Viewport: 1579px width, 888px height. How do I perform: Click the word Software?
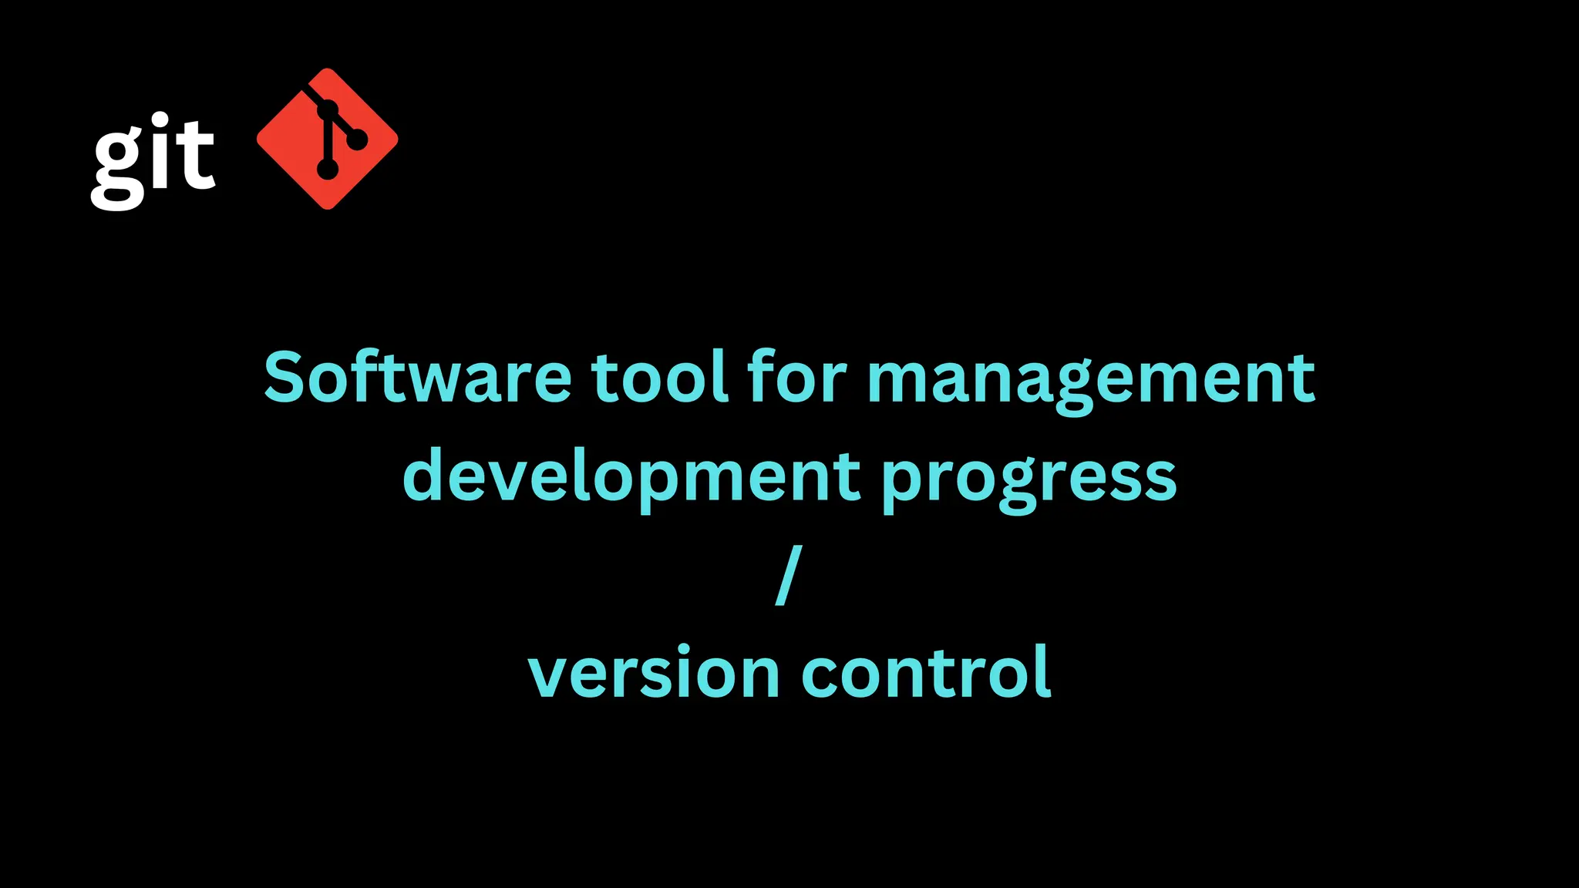(x=417, y=378)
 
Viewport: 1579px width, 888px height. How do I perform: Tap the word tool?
(x=659, y=378)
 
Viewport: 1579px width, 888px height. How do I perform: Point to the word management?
(x=1091, y=381)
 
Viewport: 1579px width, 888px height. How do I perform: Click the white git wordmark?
(x=153, y=160)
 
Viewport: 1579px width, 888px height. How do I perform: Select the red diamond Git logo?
(x=327, y=139)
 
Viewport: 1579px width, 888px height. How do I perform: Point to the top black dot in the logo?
(x=327, y=109)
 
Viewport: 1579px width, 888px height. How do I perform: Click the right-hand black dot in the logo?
(x=357, y=140)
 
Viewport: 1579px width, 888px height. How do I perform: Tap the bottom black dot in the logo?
(x=328, y=169)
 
